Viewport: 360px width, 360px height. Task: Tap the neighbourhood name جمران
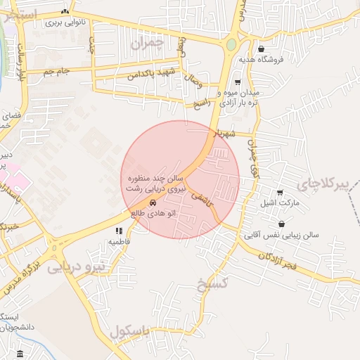point(147,44)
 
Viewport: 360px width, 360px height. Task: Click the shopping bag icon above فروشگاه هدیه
point(262,49)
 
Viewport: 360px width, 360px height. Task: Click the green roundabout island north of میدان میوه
point(231,45)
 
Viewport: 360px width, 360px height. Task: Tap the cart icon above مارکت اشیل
point(280,193)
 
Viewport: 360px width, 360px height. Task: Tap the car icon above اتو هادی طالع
point(153,203)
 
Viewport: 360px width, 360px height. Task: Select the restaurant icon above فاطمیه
point(119,231)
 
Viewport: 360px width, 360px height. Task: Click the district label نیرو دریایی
point(76,268)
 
